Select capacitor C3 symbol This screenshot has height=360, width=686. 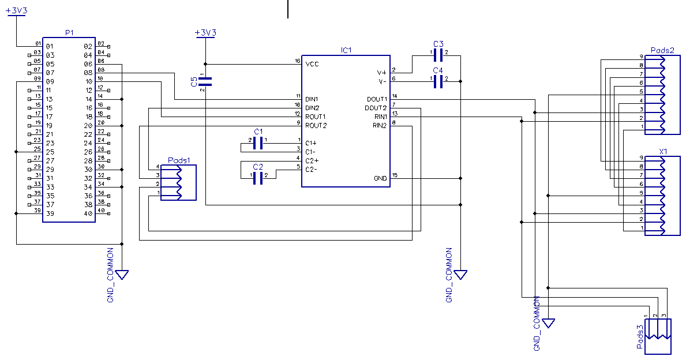point(438,55)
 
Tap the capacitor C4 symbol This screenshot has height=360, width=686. point(438,81)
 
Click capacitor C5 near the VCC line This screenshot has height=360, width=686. point(205,81)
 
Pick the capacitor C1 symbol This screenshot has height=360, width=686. point(258,142)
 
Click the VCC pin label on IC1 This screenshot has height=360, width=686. point(312,64)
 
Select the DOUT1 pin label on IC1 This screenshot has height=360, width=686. point(377,99)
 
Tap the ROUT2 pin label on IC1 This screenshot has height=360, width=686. point(316,125)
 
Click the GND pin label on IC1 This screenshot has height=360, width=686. point(380,178)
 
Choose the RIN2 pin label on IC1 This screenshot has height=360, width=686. point(380,125)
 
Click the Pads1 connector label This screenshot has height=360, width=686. point(179,160)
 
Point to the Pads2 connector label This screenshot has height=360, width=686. point(662,50)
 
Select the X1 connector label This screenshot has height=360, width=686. point(663,152)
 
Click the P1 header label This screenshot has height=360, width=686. point(69,33)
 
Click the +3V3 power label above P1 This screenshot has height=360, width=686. point(16,10)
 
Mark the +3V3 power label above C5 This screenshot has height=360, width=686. point(205,33)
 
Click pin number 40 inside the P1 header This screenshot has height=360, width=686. point(88,213)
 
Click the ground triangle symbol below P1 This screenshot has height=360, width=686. point(122,275)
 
